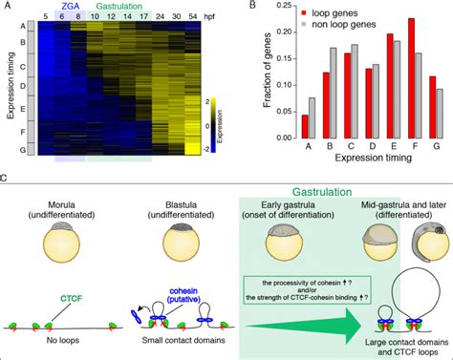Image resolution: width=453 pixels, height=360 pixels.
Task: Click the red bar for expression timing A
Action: (x=305, y=127)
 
